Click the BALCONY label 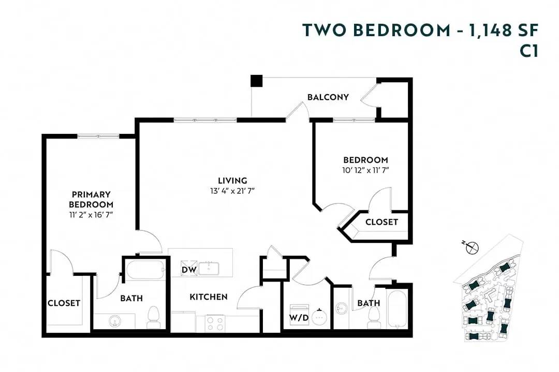[328, 97]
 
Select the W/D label [299, 318]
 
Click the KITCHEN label [208, 297]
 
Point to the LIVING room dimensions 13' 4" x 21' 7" [232, 191]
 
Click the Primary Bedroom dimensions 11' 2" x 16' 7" [91, 213]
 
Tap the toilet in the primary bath [153, 317]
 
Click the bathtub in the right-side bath [397, 308]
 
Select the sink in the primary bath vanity [114, 321]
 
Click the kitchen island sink [211, 268]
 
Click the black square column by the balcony [256, 81]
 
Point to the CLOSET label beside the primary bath [64, 303]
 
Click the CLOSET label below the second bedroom [381, 222]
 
